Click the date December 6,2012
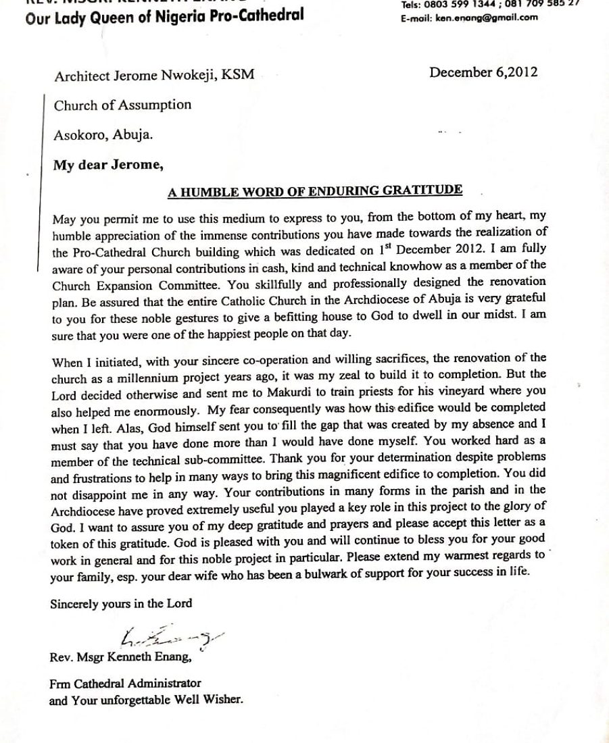pos(483,72)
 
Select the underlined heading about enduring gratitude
pos(315,190)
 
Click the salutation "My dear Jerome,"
pos(108,165)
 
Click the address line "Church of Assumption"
pos(122,105)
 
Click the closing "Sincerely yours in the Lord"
pos(121,604)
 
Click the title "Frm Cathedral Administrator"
pos(125,684)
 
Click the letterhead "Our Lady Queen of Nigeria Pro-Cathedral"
pos(164,16)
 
